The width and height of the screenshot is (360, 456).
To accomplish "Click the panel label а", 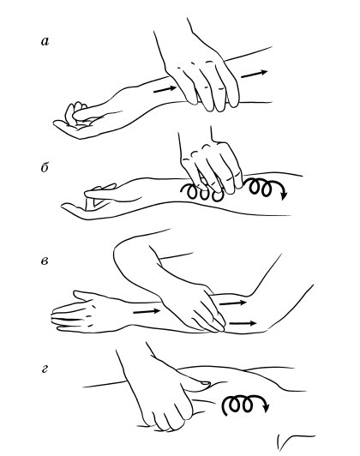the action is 45,42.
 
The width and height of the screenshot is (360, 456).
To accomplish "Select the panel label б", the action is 45,167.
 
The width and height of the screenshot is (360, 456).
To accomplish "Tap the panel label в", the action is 45,261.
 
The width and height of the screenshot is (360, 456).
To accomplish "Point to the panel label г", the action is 45,369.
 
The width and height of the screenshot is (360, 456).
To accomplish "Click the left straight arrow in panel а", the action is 165,89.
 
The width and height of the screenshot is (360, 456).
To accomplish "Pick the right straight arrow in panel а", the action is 254,74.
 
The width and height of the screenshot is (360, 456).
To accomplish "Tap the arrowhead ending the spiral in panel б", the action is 284,196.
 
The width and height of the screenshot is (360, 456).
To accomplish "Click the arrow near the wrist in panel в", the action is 147,311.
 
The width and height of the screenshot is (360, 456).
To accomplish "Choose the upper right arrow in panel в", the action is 232,303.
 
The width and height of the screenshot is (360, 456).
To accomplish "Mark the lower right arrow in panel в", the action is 243,323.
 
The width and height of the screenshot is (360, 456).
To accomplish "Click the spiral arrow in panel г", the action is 244,404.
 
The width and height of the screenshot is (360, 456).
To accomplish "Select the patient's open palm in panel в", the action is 84,314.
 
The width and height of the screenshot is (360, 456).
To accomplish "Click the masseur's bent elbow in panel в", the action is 122,256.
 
